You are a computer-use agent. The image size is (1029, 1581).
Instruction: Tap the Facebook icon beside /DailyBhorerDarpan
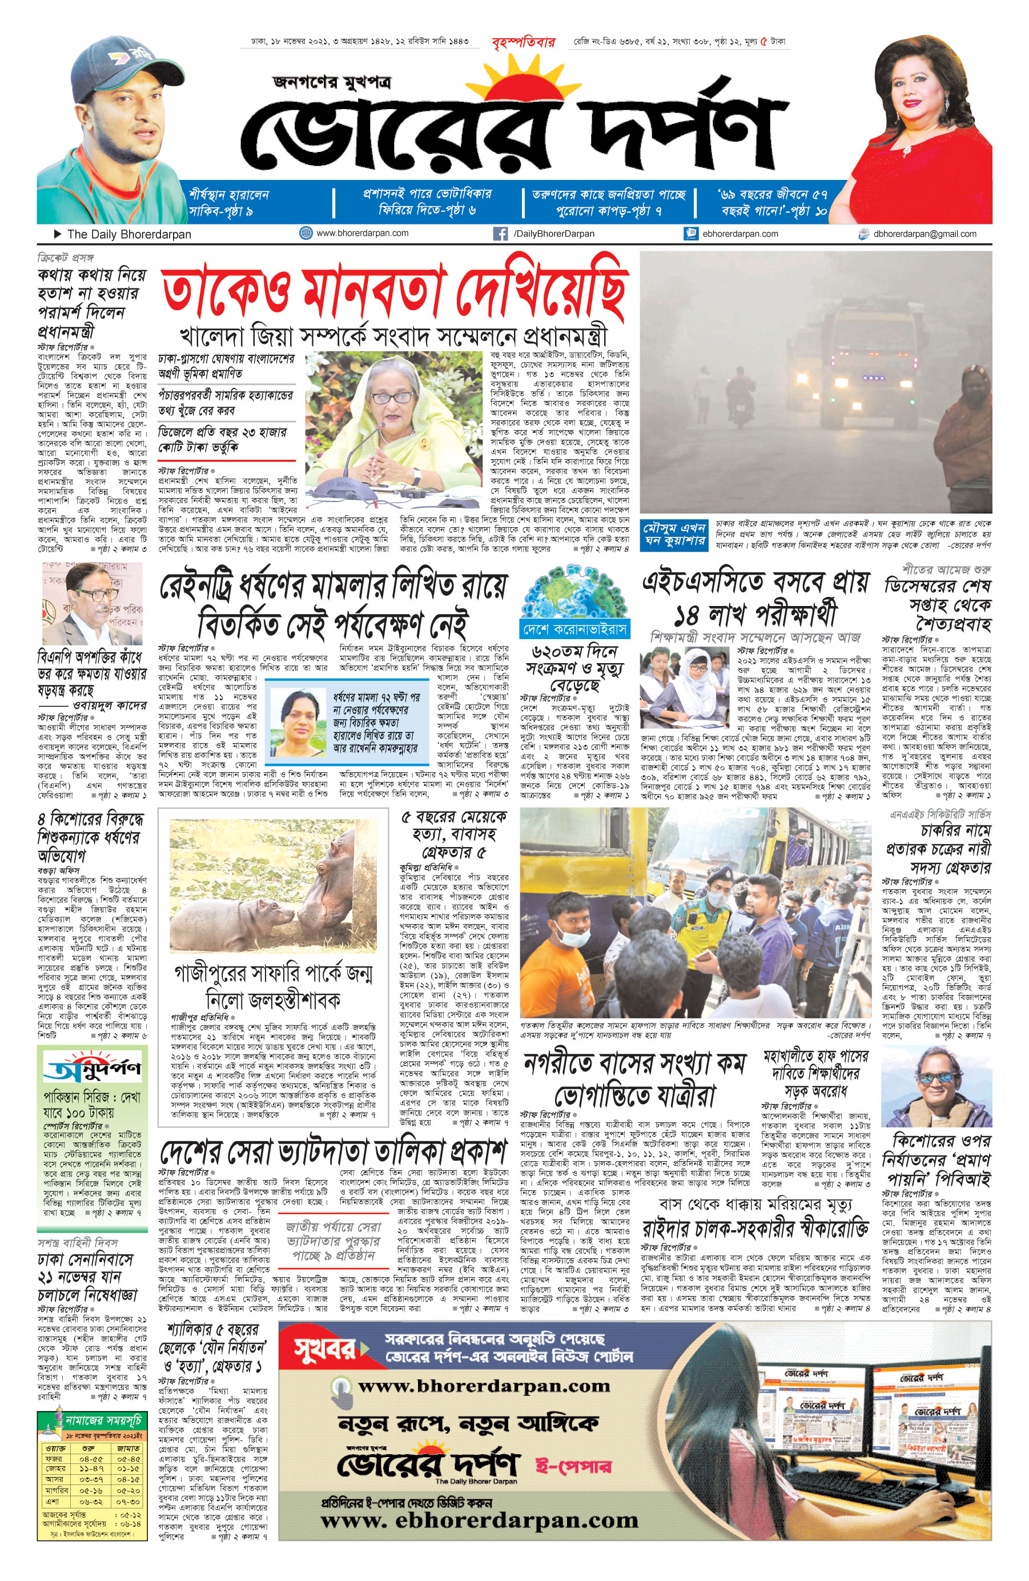coord(500,234)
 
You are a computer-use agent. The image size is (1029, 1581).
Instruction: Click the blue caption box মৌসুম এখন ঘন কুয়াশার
coord(674,534)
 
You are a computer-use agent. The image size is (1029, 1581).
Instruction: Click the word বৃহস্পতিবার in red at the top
coord(523,42)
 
